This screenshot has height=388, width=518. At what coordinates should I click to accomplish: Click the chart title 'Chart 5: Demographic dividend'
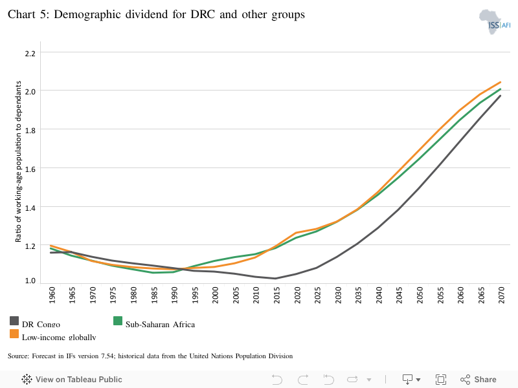click(156, 15)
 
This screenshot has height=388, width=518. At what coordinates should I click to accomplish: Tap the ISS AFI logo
click(494, 22)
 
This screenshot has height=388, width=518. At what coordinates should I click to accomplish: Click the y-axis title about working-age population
click(19, 162)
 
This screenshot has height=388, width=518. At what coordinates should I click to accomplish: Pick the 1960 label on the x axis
click(52, 296)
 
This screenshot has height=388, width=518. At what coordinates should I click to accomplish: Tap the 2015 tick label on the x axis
click(276, 296)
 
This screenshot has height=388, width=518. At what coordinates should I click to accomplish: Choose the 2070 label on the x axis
click(501, 296)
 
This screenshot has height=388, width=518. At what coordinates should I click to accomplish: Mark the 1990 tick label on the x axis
click(175, 296)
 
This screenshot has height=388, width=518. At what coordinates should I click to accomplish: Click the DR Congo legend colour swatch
click(14, 321)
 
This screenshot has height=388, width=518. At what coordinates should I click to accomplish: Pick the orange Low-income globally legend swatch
click(14, 334)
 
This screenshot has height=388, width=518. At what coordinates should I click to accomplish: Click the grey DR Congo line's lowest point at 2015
click(276, 279)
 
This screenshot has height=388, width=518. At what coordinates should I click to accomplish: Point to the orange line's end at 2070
click(501, 82)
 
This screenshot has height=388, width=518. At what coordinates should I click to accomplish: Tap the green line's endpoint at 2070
click(501, 89)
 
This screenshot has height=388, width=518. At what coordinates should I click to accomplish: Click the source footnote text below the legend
click(150, 356)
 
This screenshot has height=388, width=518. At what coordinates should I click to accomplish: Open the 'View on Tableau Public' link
click(72, 380)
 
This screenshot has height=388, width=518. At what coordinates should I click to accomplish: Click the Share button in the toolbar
click(479, 380)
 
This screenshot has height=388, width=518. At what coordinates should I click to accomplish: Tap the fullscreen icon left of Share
click(441, 380)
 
